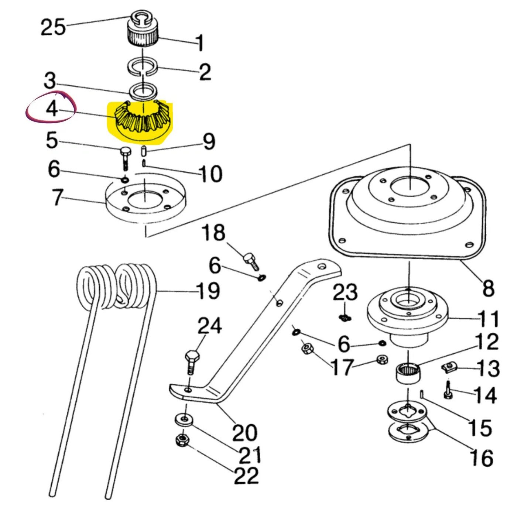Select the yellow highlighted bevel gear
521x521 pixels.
coord(142,120)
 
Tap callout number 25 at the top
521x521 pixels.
coord(53,27)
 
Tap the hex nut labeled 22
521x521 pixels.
coord(181,440)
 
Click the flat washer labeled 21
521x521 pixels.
coord(182,420)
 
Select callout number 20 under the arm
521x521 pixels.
coord(245,433)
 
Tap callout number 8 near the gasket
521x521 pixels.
coord(488,288)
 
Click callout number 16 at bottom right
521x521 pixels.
coord(481,458)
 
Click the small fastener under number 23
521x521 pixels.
coord(345,317)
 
